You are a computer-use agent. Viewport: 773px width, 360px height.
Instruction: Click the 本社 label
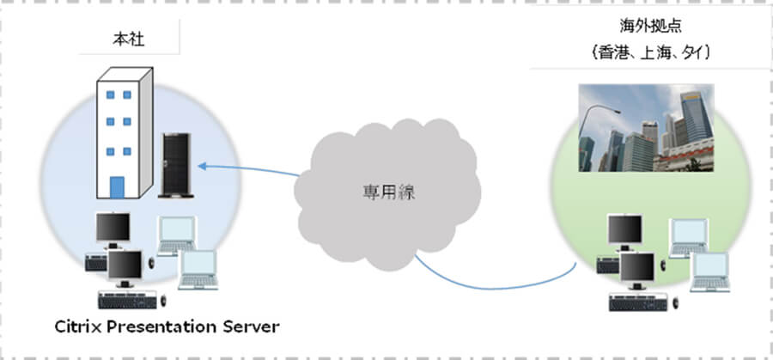pyautogui.click(x=126, y=39)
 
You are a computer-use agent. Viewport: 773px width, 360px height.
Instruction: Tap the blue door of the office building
pyautogui.click(x=118, y=186)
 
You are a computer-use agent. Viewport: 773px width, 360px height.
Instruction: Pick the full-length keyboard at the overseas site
pyautogui.click(x=639, y=301)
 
